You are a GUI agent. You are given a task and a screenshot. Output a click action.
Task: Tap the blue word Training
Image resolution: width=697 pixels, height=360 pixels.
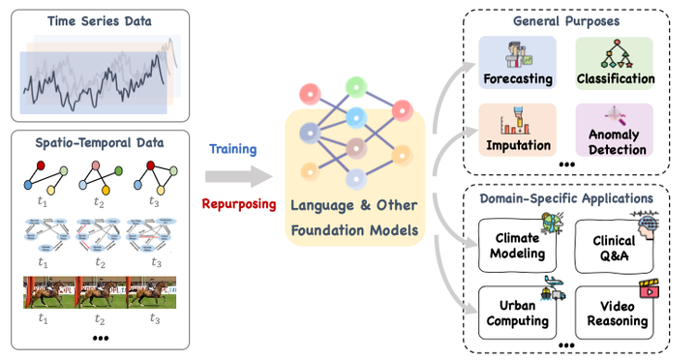point(232,150)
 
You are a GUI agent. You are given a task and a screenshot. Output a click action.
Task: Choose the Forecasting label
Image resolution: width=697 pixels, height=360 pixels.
point(517,77)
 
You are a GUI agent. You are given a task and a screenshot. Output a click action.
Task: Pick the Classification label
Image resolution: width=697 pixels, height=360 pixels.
point(614,77)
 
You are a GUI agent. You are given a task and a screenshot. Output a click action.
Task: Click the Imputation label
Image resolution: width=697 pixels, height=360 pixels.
point(517,145)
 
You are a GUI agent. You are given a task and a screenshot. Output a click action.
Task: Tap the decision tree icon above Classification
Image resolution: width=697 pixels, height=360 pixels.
point(614,54)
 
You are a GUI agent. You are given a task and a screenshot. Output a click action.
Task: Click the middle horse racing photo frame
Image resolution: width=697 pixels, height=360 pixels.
point(98,292)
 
